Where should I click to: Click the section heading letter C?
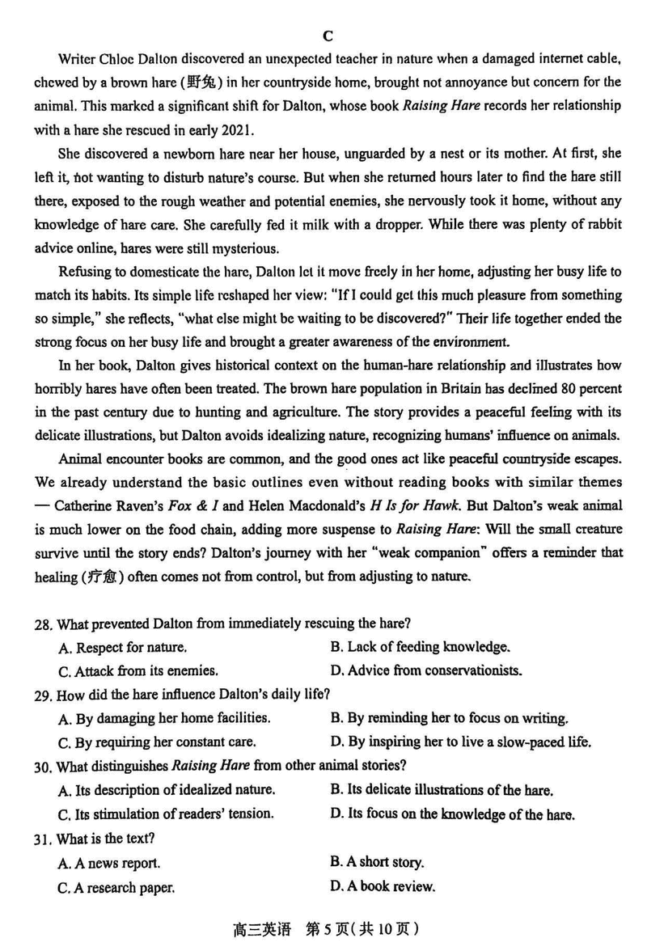pos(328,36)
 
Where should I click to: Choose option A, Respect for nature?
pos(123,648)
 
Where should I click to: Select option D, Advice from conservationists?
pos(426,670)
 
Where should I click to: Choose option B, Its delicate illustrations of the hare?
pos(442,790)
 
